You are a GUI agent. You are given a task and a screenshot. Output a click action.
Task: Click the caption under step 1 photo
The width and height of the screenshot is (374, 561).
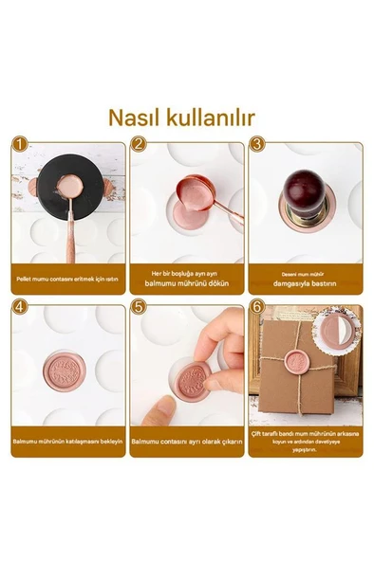point(67,279)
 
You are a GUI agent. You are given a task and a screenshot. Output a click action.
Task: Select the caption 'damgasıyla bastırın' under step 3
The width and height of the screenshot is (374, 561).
point(305,283)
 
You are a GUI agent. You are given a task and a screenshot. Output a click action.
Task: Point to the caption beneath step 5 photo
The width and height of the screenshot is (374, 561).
point(186,442)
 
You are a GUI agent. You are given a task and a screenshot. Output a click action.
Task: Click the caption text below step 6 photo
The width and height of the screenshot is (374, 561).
point(305,441)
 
